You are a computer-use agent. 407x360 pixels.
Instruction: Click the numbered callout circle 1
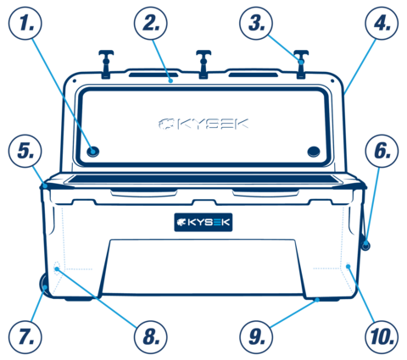pyautogui.click(x=25, y=23)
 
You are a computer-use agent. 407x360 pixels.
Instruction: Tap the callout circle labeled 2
pyautogui.click(x=151, y=23)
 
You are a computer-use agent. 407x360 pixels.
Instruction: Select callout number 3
pyautogui.click(x=256, y=23)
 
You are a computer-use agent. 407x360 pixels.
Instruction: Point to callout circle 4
pyautogui.click(x=382, y=23)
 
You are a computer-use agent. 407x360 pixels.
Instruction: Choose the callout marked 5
pyautogui.click(x=25, y=151)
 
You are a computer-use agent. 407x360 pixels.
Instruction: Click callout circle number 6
pyautogui.click(x=382, y=151)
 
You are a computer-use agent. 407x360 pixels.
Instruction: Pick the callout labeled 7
pyautogui.click(x=25, y=337)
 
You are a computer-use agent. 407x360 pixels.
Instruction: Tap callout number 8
pyautogui.click(x=151, y=337)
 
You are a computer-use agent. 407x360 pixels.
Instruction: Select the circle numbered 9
pyautogui.click(x=256, y=337)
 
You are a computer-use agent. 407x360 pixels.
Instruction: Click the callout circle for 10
pyautogui.click(x=382, y=337)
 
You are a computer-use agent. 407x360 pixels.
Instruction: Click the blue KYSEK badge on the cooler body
pyautogui.click(x=203, y=222)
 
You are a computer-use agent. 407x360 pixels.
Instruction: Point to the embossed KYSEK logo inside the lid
pyautogui.click(x=203, y=124)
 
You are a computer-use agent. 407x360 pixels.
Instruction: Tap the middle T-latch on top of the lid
pyautogui.click(x=203, y=64)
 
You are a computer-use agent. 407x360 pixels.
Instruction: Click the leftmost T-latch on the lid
pyautogui.click(x=106, y=64)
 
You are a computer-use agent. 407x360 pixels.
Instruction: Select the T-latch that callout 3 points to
pyautogui.click(x=301, y=64)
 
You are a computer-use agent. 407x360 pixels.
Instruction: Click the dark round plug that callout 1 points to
pyautogui.click(x=93, y=152)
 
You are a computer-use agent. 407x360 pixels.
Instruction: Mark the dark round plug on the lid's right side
pyautogui.click(x=314, y=152)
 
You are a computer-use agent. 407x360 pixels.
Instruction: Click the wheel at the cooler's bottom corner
pyautogui.click(x=44, y=285)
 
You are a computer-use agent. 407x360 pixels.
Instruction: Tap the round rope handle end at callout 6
pyautogui.click(x=365, y=245)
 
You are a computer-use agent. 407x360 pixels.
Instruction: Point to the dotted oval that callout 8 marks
pyautogui.click(x=57, y=266)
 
